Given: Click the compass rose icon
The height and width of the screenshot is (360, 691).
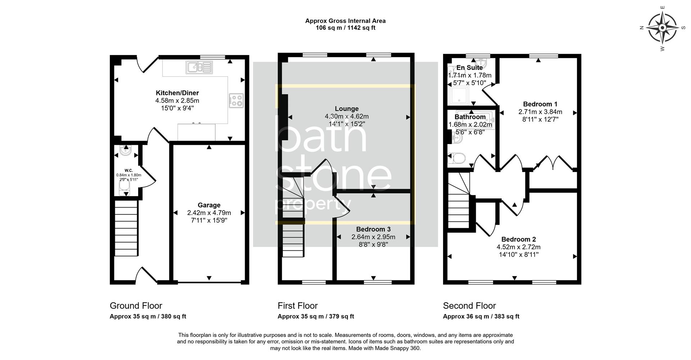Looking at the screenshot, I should (663, 28).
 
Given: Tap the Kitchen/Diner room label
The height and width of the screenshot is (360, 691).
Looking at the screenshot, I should (177, 93).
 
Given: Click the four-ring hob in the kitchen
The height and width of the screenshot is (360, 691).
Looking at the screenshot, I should (236, 100).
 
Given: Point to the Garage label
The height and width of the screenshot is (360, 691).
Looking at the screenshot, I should (209, 205).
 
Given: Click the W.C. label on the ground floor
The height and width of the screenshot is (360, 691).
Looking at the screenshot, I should (128, 170).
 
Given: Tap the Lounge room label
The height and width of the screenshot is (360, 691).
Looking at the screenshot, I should (347, 109).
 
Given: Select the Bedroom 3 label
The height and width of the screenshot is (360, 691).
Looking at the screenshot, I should (373, 229).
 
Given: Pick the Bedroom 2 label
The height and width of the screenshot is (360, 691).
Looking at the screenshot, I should (519, 239).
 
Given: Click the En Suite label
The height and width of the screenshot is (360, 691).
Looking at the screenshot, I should (469, 68).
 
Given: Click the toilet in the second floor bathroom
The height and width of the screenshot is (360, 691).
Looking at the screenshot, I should (457, 158).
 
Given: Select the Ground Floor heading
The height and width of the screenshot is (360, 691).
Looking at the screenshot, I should (136, 306).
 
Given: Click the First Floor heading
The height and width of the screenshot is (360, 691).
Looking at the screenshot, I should (297, 306).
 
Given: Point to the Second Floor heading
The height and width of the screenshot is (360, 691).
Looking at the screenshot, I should (469, 306).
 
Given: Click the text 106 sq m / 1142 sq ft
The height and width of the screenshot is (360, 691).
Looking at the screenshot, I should (345, 28).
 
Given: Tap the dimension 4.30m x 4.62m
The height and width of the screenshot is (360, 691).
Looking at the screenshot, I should (347, 116).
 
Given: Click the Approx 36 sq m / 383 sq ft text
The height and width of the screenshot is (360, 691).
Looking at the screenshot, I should (481, 316).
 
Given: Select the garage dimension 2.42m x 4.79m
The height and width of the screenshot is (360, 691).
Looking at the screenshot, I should (209, 213).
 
